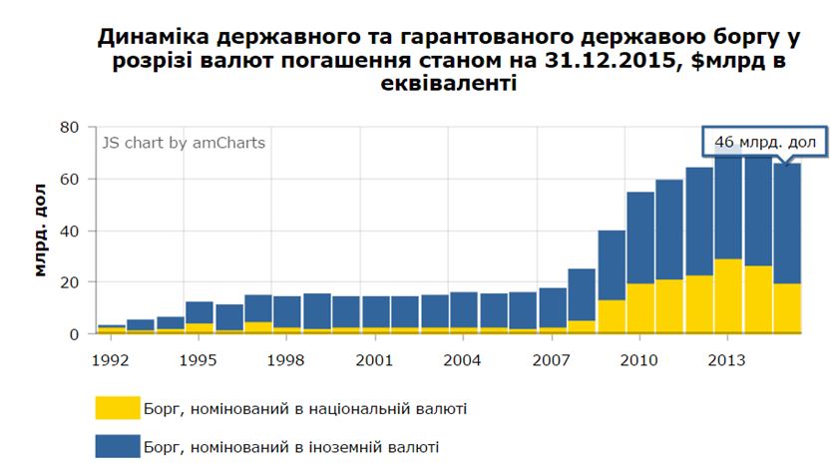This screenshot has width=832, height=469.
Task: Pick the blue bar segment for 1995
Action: point(200,312)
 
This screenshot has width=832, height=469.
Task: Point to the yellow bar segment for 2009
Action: point(612,316)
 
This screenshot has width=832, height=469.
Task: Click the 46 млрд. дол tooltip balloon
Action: point(764,143)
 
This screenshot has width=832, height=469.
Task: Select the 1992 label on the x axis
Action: point(112,358)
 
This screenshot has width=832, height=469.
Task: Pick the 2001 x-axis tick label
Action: point(375,358)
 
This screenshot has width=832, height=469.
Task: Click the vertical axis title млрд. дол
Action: point(41,231)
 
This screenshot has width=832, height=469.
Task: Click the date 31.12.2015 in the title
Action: point(609,63)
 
